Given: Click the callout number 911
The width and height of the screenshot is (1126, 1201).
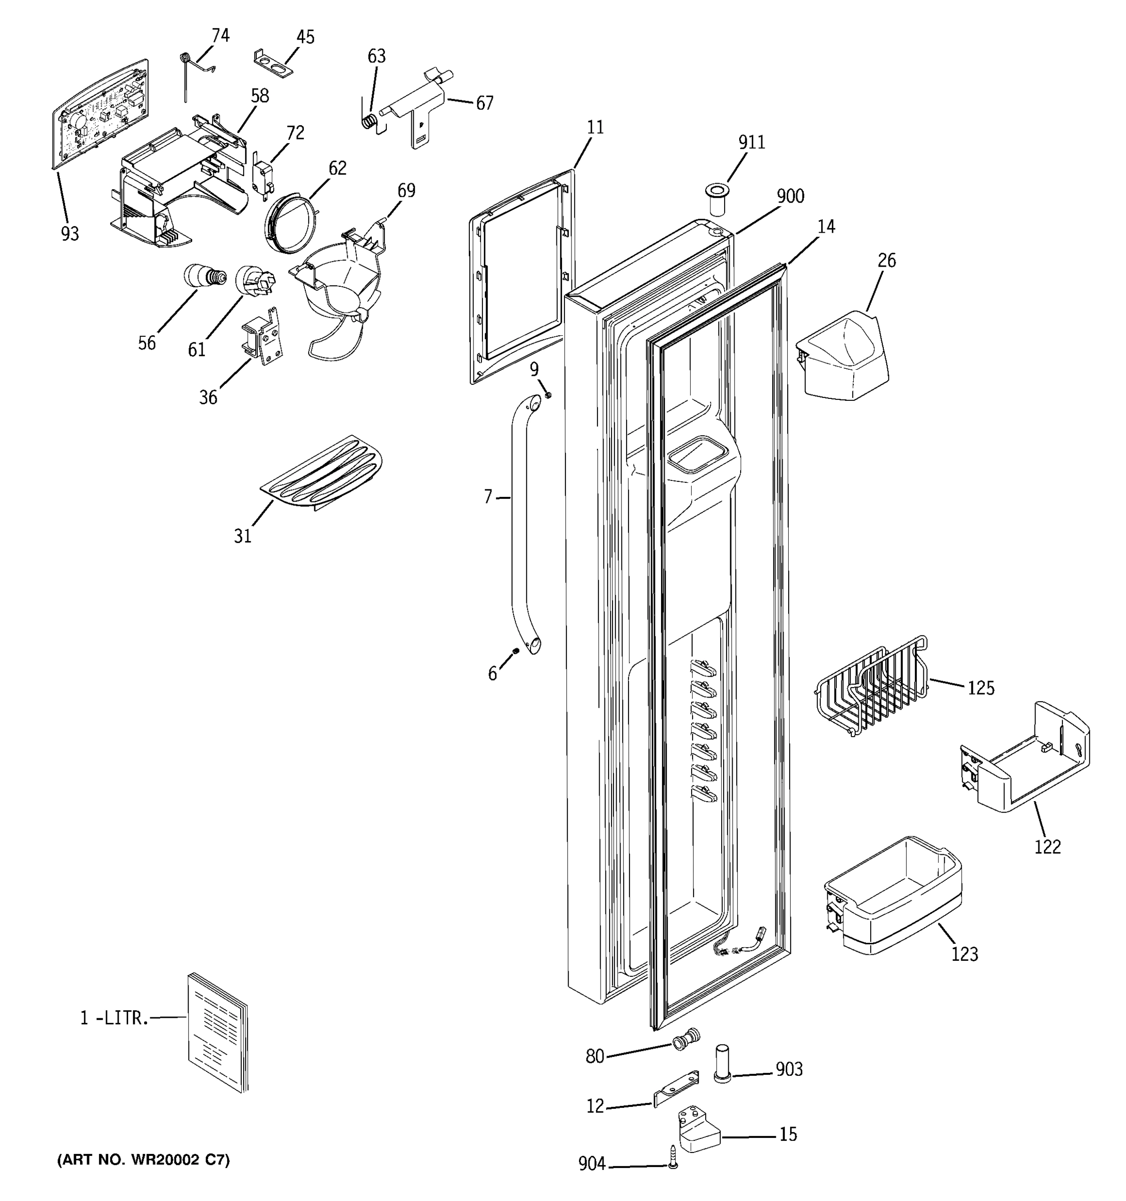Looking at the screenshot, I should pyautogui.click(x=752, y=142).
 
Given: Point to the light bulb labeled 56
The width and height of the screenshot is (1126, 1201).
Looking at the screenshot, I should pyautogui.click(x=204, y=277).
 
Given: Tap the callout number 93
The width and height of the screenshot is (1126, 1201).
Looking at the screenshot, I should pyautogui.click(x=70, y=233).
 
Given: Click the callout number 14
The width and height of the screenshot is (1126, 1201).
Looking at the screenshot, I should pyautogui.click(x=826, y=226).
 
